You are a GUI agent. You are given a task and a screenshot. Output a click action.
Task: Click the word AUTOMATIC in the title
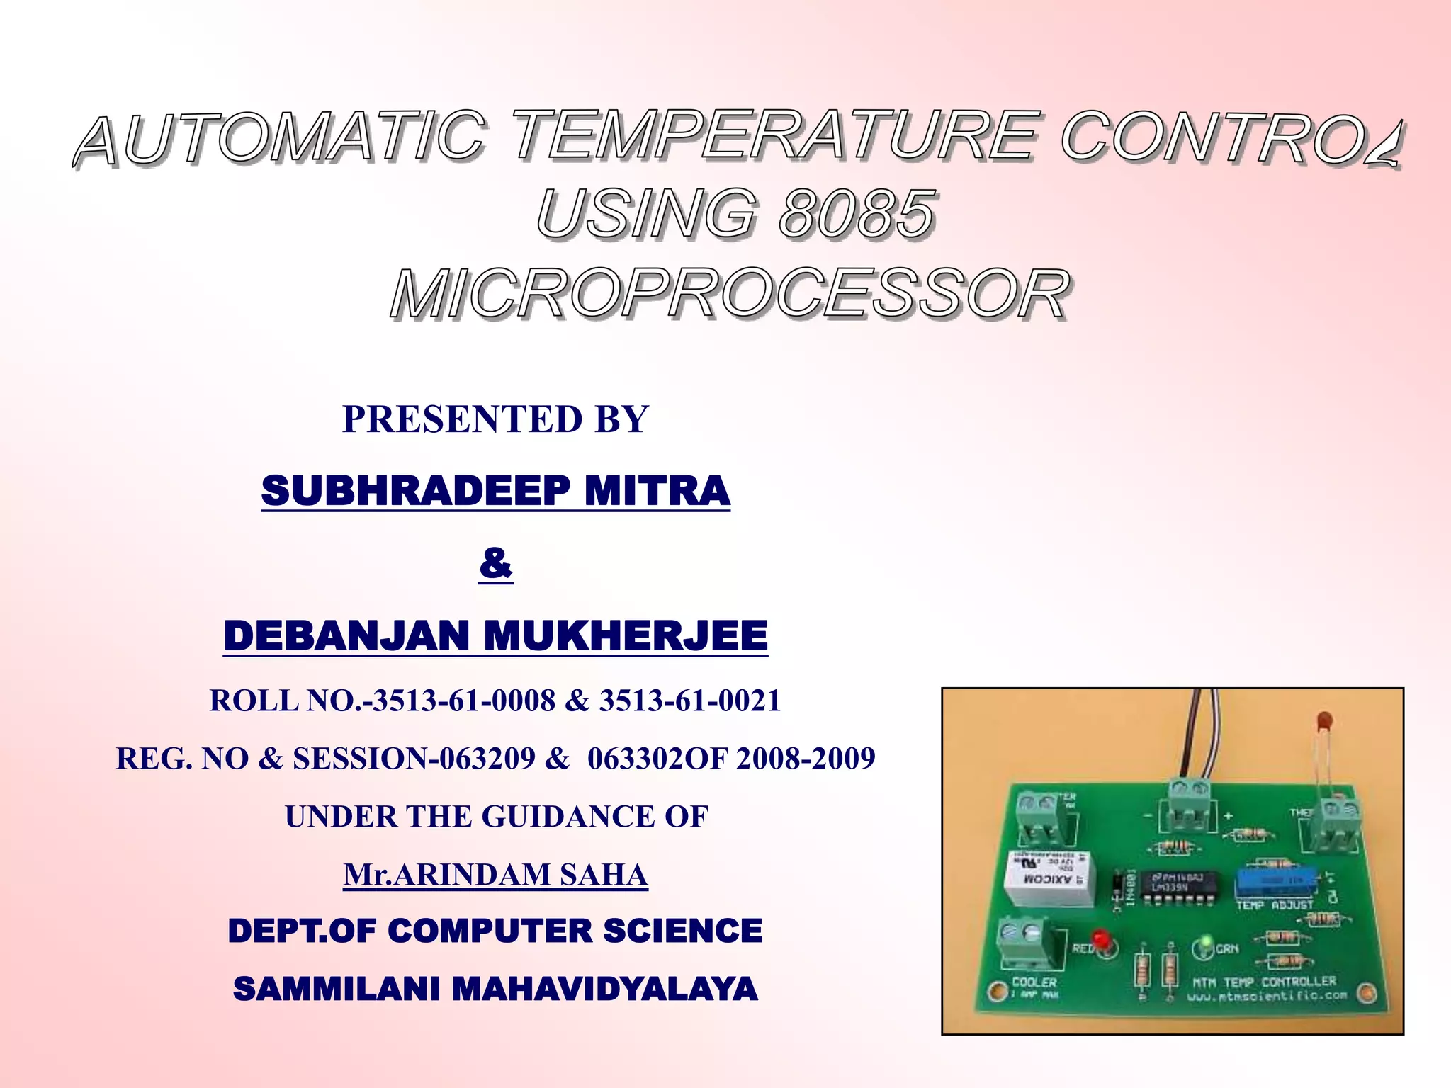280,138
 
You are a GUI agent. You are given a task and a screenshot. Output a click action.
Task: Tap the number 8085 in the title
857,215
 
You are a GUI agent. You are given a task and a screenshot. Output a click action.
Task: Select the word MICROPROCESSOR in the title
730,295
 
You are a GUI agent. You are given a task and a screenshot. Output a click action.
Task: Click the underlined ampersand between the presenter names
495,564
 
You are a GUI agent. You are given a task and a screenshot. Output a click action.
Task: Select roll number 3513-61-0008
464,701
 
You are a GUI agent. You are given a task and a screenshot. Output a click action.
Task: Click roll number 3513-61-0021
689,701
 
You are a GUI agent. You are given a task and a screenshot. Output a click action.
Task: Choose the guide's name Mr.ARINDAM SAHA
495,875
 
